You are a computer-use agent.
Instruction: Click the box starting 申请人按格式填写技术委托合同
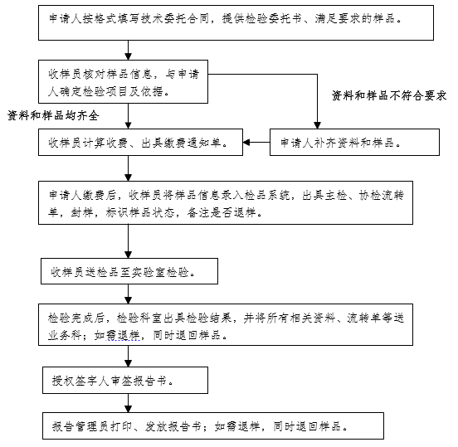pos(236,22)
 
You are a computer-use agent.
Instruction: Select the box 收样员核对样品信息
pos(123,81)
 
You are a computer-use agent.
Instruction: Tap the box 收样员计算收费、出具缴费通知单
pos(140,142)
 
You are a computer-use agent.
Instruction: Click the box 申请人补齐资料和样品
pos(354,142)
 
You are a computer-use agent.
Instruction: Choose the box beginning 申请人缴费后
pos(226,202)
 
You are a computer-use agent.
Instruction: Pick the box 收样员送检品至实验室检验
pos(129,271)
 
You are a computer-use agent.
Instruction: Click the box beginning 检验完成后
pos(226,324)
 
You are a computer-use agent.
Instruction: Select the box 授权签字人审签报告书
pos(125,380)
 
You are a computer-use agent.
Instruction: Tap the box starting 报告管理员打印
pos(213,425)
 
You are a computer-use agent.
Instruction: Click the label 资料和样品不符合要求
pos(389,95)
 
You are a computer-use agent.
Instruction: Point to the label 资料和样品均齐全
pos(53,115)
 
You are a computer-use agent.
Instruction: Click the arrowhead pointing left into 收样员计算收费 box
pos(246,142)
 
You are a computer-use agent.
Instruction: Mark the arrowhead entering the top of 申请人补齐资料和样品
pos(317,125)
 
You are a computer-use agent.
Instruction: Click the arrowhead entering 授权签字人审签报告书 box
pos(128,364)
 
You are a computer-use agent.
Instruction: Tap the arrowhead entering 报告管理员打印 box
pos(128,409)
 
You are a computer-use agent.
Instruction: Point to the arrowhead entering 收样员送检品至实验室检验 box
pos(128,255)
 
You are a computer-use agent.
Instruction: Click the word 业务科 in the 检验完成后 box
pos(65,335)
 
